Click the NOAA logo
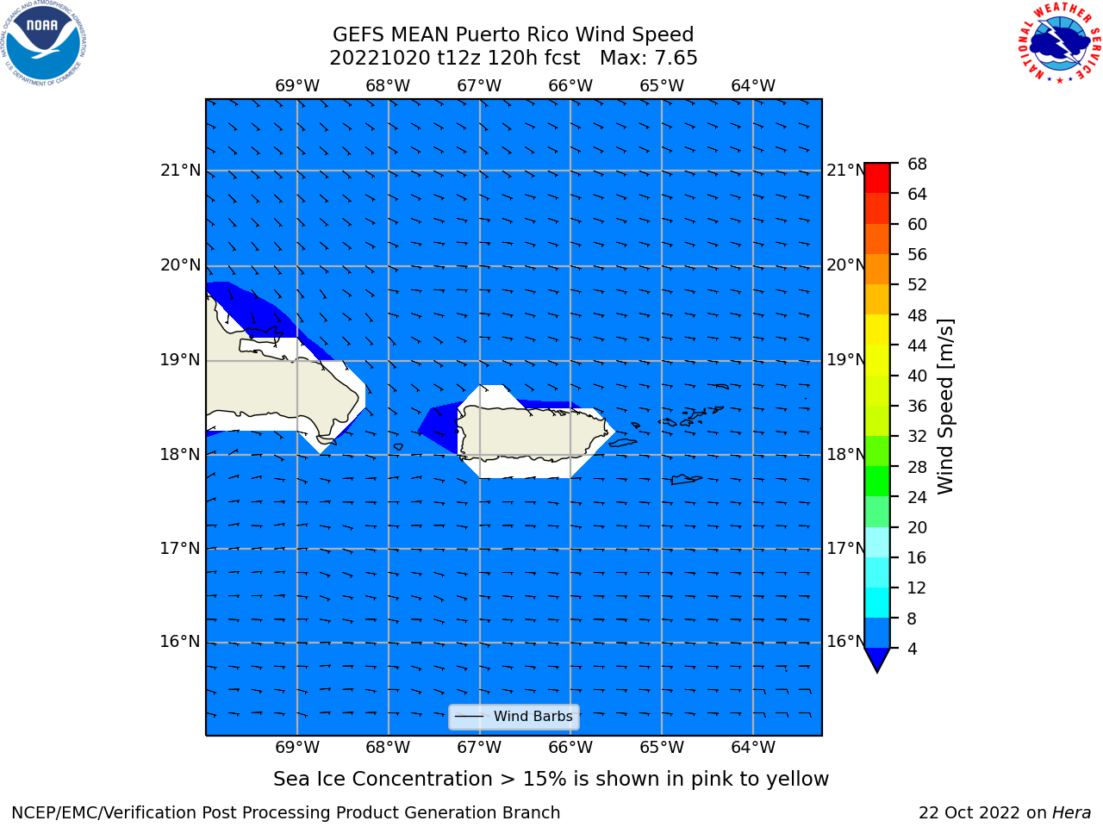(x=43, y=43)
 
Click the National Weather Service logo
(x=1059, y=43)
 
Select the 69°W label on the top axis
(x=297, y=86)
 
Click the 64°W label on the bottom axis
(x=753, y=748)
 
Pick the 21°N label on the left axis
(x=180, y=171)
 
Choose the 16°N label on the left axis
(x=180, y=642)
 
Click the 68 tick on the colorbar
(x=917, y=165)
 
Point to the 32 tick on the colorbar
(x=917, y=437)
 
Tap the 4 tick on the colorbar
(x=912, y=649)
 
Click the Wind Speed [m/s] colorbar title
(x=945, y=407)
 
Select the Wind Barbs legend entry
(x=514, y=717)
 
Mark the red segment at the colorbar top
(x=877, y=178)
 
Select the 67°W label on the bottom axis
(x=479, y=748)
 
